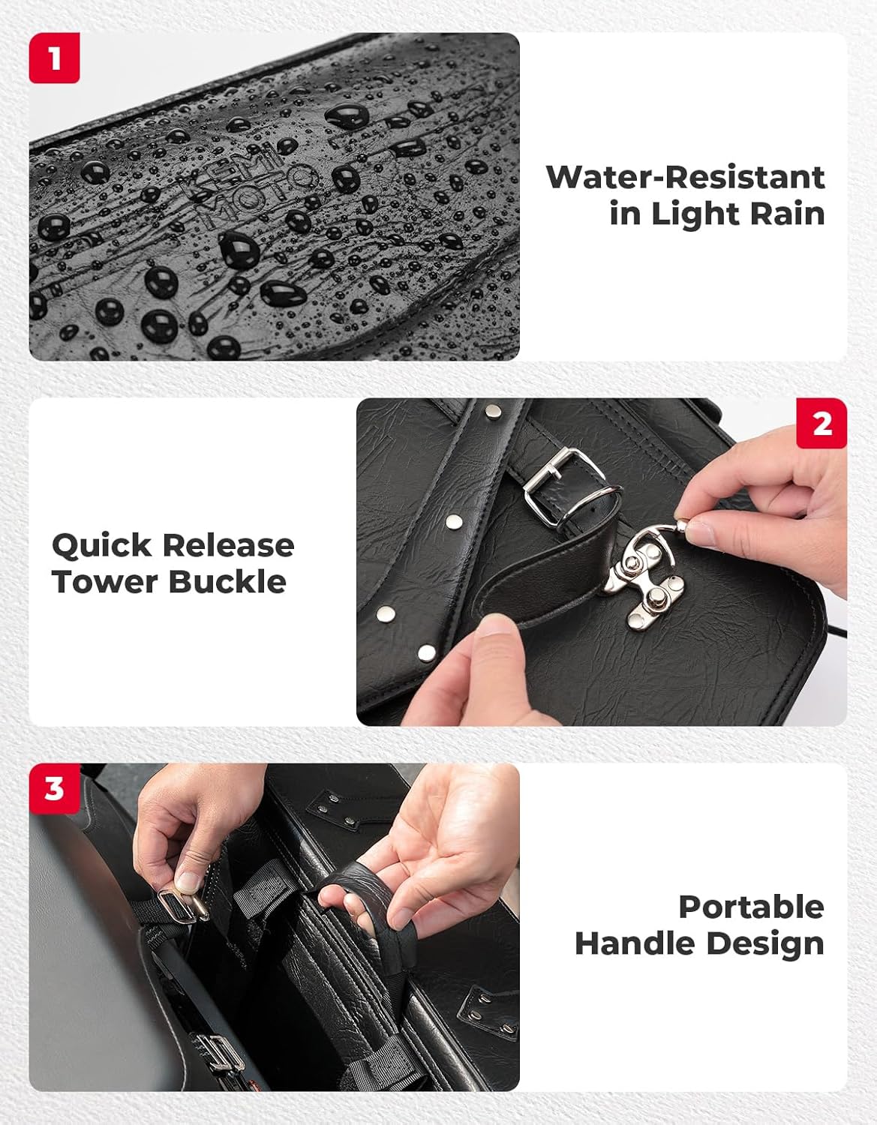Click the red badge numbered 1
[x=54, y=58]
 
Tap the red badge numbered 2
[x=821, y=424]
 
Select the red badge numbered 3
[x=54, y=789]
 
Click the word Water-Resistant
[x=686, y=178]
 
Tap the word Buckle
[x=227, y=582]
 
